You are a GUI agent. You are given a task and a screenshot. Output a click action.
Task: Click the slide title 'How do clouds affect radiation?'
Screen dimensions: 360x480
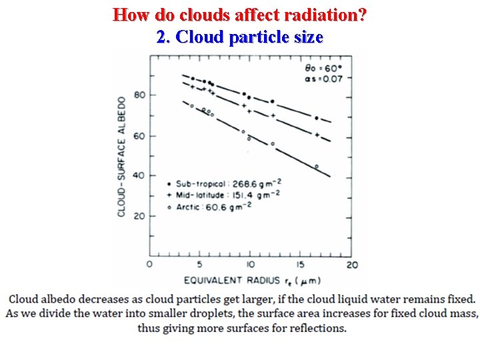coord(239,14)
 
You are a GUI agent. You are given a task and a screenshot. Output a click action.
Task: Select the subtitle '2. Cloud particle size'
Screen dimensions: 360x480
coord(239,37)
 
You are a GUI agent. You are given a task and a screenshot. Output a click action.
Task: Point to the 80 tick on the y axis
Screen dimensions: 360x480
coord(139,95)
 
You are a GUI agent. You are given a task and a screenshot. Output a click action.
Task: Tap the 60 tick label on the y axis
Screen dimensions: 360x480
coord(139,136)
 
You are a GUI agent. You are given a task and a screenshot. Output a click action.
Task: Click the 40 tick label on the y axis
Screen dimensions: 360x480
coord(139,175)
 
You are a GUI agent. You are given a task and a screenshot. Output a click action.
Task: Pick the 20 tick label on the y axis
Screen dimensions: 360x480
coord(139,216)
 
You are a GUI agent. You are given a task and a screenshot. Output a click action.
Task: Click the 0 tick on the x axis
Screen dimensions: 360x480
coord(149,265)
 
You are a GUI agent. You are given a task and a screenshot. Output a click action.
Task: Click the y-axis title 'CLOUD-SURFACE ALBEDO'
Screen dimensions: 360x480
coord(122,157)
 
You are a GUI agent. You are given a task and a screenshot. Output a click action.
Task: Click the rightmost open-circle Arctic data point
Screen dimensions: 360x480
coord(316,166)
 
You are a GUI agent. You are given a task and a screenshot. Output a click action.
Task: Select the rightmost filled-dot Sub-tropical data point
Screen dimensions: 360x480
coord(316,118)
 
